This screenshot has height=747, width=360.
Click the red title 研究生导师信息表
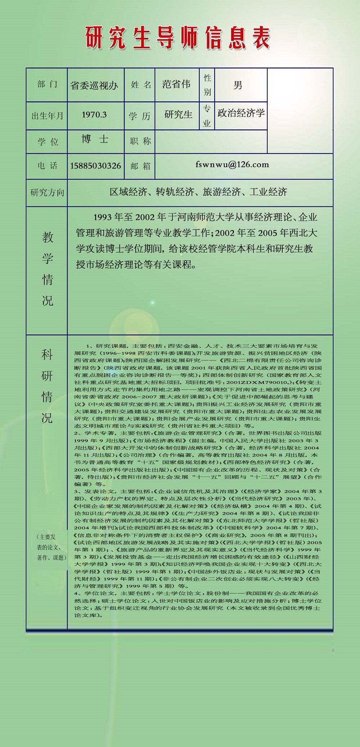(177, 38)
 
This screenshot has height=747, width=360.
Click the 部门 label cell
(47, 84)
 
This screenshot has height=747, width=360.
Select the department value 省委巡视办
(94, 85)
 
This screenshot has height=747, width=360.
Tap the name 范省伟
(176, 84)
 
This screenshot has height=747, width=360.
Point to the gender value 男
(238, 85)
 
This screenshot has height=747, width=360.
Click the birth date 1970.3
(94, 115)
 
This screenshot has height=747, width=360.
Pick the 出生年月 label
(47, 116)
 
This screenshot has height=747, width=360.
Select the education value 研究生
(178, 115)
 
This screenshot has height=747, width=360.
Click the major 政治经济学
(241, 113)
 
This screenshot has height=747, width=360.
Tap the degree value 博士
(94, 139)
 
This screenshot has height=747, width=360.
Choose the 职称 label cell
(140, 141)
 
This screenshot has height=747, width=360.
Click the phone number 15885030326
(95, 166)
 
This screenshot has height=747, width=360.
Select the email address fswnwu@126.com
(232, 165)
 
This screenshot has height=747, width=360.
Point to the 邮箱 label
(140, 166)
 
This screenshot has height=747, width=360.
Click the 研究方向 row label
(47, 192)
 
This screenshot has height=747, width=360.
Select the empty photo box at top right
(300, 110)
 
